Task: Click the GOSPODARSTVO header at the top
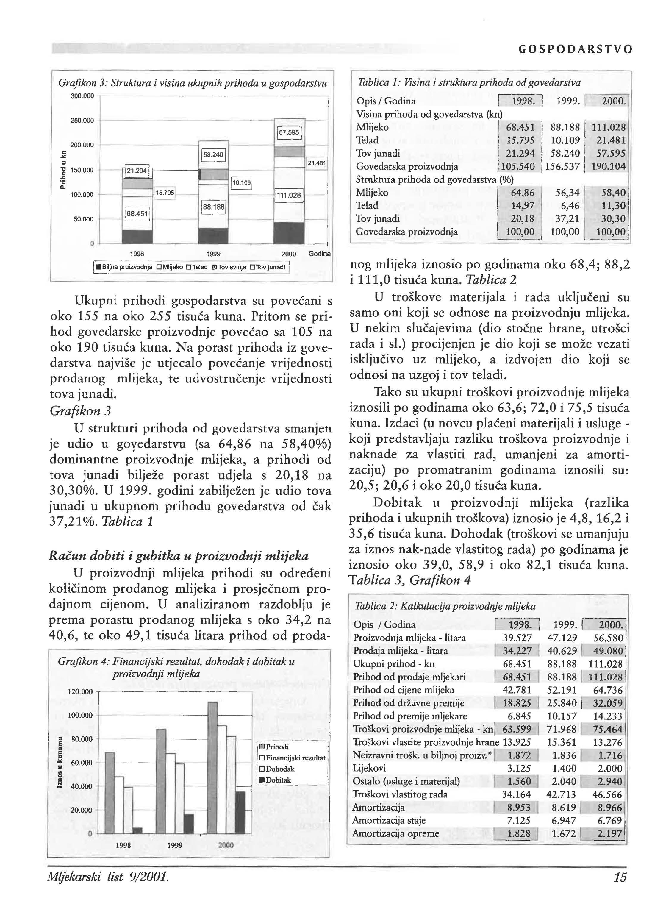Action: (x=575, y=49)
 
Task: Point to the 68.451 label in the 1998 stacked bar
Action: (x=137, y=214)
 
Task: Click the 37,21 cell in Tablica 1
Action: (x=565, y=219)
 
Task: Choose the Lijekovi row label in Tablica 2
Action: (x=369, y=768)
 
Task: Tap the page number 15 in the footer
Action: (x=620, y=877)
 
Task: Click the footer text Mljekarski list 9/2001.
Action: (x=108, y=877)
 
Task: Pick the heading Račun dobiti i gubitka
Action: (x=178, y=556)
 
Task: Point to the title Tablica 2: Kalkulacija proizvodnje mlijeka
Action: (x=445, y=606)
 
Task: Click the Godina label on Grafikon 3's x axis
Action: (x=319, y=254)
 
